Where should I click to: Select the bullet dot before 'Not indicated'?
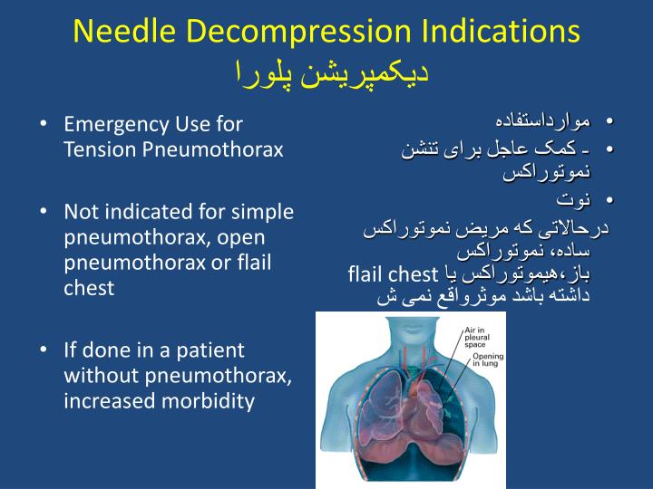pos(44,212)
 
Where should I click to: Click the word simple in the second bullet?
pos(262,212)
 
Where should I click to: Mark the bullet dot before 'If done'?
pos(44,350)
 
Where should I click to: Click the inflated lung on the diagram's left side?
pos(372,398)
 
